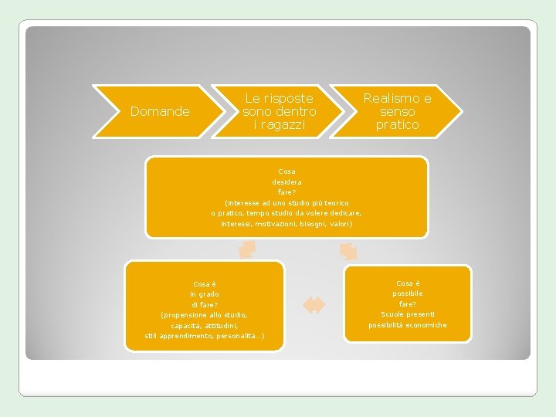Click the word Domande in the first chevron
click(x=160, y=112)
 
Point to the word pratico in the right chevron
click(x=397, y=124)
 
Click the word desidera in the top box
click(x=286, y=181)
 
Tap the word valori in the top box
click(x=341, y=224)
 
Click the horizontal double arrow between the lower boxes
click(x=314, y=305)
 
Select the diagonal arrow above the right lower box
click(x=348, y=251)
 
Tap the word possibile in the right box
click(x=408, y=293)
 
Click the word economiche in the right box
click(x=428, y=325)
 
